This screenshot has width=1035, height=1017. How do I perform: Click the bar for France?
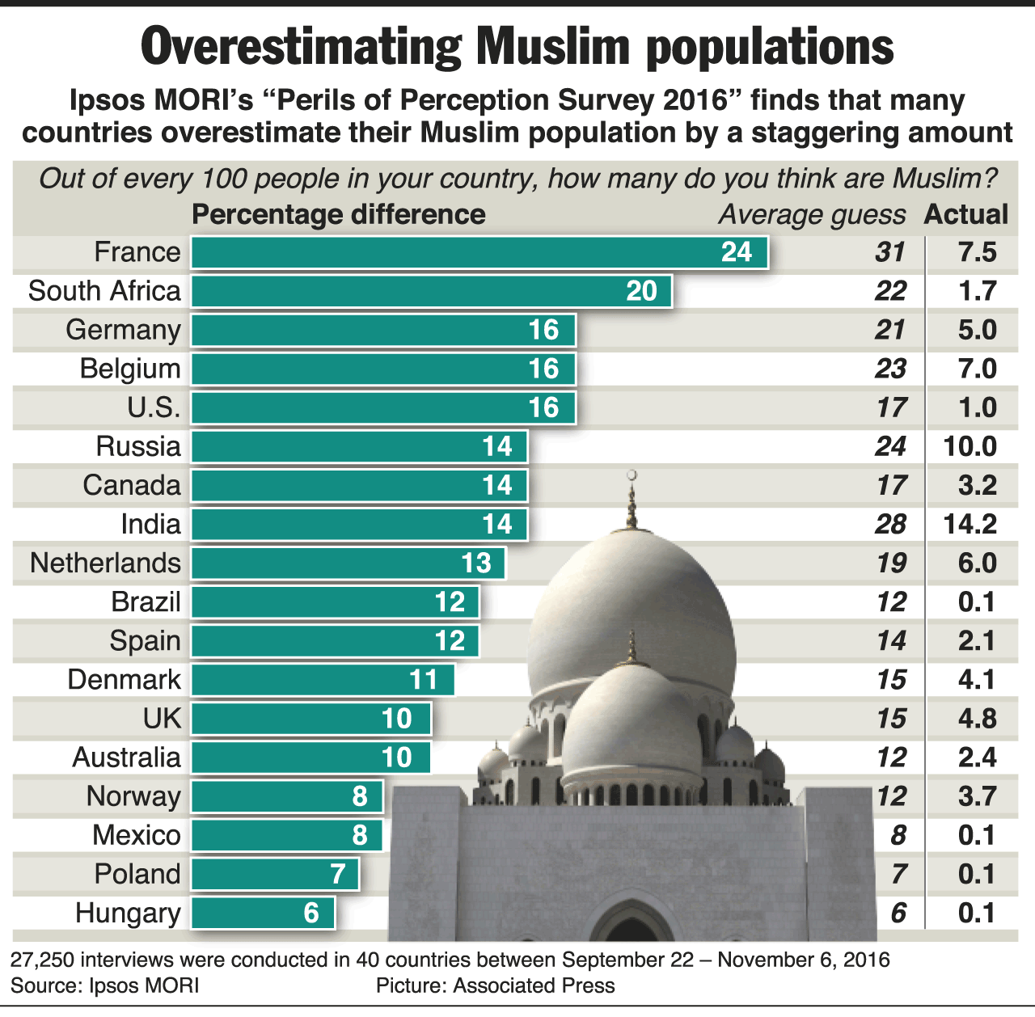479,252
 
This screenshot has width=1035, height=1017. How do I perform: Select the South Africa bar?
431,291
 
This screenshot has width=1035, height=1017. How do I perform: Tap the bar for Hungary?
263,913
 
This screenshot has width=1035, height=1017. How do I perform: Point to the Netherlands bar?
348,563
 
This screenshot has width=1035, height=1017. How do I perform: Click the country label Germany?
124,330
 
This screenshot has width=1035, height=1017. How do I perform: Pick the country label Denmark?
125,679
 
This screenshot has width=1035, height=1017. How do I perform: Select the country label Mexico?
137,834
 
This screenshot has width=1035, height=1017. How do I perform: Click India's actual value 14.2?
970,524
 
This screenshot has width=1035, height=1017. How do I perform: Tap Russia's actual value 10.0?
970,446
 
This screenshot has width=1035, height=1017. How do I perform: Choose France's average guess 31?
889,252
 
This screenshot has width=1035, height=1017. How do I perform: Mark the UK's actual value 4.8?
977,718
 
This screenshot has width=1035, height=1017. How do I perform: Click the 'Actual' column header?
966,214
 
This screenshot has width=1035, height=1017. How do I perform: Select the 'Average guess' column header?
812,214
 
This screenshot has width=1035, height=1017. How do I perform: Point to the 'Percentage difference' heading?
339,214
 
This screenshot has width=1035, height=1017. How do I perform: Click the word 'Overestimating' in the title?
301,47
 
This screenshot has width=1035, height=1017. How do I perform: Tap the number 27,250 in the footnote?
40,960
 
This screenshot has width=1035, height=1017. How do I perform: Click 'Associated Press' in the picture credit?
534,985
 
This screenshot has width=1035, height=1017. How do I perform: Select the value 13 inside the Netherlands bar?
476,563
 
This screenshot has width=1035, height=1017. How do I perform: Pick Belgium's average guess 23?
889,369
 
